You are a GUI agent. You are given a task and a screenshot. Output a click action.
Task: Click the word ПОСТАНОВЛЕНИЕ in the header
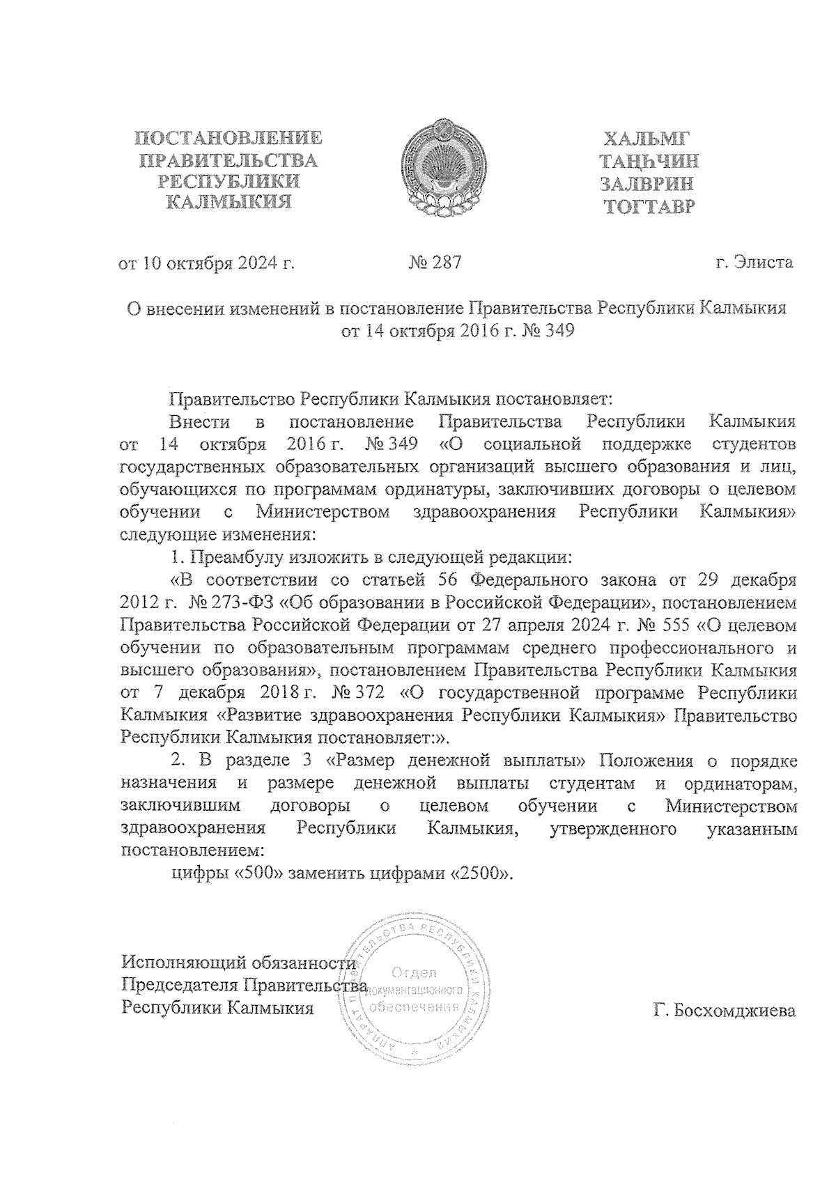click(x=229, y=138)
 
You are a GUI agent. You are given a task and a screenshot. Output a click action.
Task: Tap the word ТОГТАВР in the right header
click(x=649, y=208)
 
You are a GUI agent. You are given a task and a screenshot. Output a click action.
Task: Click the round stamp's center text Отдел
click(x=414, y=972)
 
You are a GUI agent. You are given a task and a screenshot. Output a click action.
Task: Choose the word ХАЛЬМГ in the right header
click(x=649, y=139)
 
